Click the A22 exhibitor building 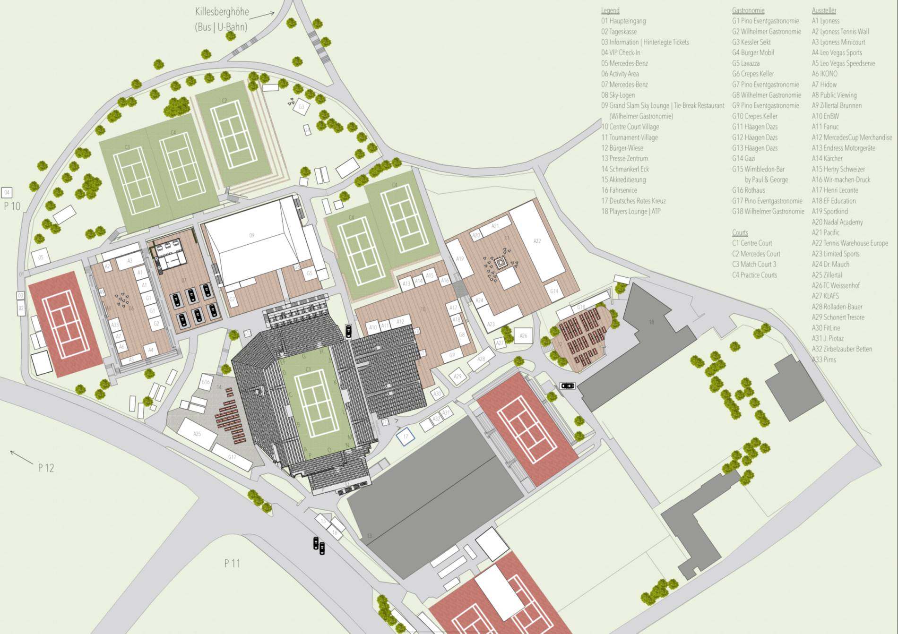point(537,241)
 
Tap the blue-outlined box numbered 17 point(406,437)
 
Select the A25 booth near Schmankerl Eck point(197,433)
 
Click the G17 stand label point(232,457)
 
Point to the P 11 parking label point(232,563)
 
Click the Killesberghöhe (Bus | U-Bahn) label point(222,19)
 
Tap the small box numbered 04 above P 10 point(7,192)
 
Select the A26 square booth point(523,336)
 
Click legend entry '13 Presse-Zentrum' point(624,158)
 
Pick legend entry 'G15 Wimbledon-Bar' point(758,169)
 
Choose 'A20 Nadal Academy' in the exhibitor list point(837,222)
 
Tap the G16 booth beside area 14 point(206,382)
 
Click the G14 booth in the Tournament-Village point(554,291)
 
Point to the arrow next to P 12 point(21,457)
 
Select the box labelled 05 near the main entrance point(41,257)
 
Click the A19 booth point(460,258)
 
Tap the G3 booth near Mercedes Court point(301,107)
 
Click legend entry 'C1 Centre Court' point(752,243)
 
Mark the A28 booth point(481,360)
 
